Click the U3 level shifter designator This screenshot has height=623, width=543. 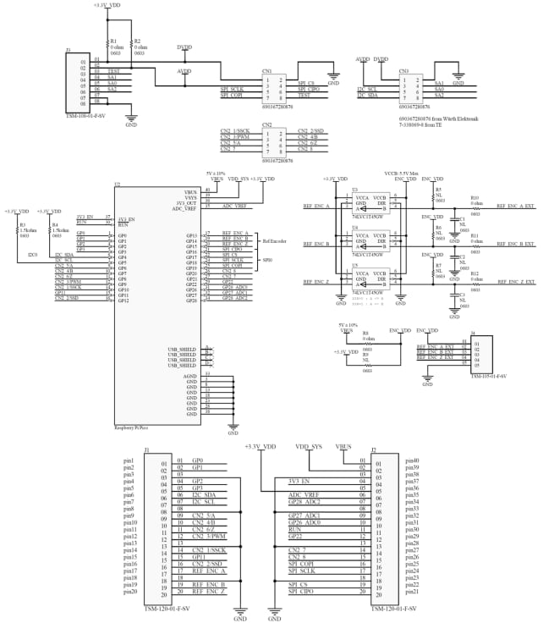(x=354, y=189)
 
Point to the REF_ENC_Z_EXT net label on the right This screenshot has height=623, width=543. (x=515, y=281)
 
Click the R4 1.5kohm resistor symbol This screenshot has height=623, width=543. (x=50, y=230)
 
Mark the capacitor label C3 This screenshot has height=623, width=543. (x=462, y=295)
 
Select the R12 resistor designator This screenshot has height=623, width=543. (x=474, y=273)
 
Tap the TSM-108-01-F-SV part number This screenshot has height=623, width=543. (x=85, y=113)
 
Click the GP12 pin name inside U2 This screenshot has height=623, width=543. (x=123, y=300)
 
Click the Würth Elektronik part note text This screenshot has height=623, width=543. (x=438, y=119)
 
